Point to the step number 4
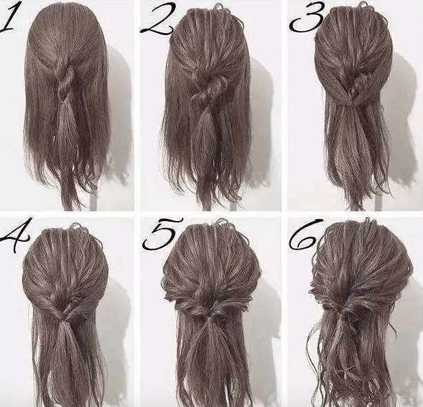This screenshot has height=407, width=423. (14, 236)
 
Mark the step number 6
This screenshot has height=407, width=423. (305, 234)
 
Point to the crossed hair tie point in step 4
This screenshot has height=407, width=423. (63, 316)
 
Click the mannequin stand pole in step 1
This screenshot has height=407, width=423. (94, 201)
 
